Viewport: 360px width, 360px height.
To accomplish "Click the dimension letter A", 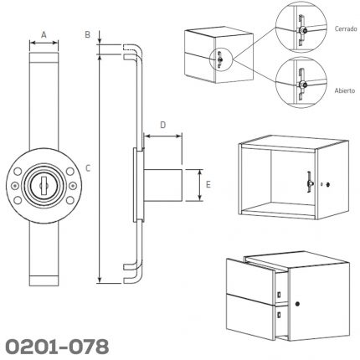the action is [x=44, y=35].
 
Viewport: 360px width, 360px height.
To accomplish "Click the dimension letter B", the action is [x=88, y=35].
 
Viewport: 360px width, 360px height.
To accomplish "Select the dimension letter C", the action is [x=88, y=168].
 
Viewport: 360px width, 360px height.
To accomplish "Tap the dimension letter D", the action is [x=163, y=125].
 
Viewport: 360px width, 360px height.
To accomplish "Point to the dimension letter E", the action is [x=208, y=184].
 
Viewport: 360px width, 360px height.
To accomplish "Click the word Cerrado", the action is [x=346, y=28].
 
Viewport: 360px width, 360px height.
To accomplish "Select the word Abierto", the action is [x=345, y=90].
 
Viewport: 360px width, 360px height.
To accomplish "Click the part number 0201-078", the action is [x=57, y=347].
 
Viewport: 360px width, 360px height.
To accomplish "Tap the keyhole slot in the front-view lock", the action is [x=43, y=185].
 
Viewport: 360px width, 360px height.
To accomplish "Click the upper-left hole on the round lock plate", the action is [x=18, y=171].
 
